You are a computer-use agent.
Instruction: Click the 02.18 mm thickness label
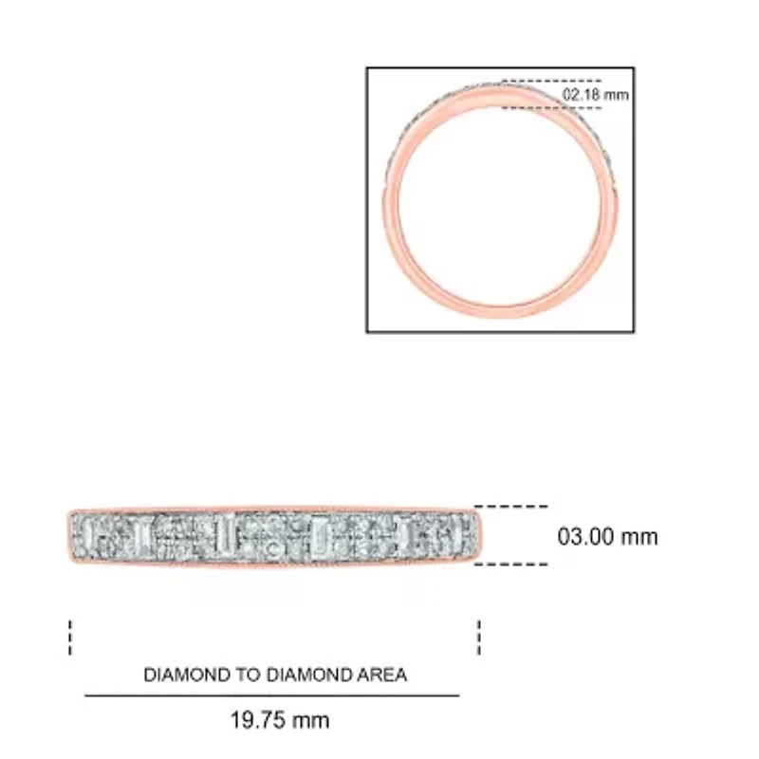pos(596,95)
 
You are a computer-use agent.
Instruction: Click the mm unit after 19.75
pos(311,720)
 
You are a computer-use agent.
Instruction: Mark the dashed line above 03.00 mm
pos(510,507)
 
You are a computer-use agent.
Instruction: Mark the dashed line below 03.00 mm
pos(510,565)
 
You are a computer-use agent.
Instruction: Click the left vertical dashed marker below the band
pos(70,638)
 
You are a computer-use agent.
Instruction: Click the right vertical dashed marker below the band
pos(479,638)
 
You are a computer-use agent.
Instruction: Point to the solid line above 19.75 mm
pos(272,695)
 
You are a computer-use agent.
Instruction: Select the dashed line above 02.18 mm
pos(551,82)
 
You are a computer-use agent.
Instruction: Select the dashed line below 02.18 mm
pos(551,108)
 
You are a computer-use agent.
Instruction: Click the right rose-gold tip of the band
pos(483,536)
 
